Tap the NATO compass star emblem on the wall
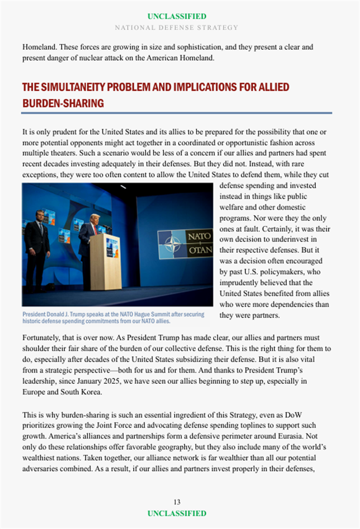point(171,244)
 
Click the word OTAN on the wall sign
point(200,250)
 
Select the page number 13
point(177,502)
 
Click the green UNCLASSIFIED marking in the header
point(177,16)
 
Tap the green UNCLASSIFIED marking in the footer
point(177,513)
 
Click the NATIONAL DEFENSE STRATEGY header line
point(177,27)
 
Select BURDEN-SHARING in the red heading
point(63,104)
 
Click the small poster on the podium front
point(113,248)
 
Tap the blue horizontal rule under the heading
point(177,113)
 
